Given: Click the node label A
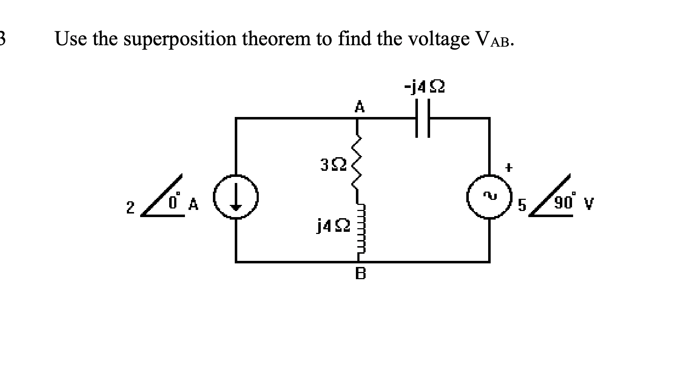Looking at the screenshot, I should click(359, 107).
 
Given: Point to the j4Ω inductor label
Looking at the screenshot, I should click(332, 226).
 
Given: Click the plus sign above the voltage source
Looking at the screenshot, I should click(509, 167).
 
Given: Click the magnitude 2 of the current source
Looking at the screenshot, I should click(130, 207).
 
